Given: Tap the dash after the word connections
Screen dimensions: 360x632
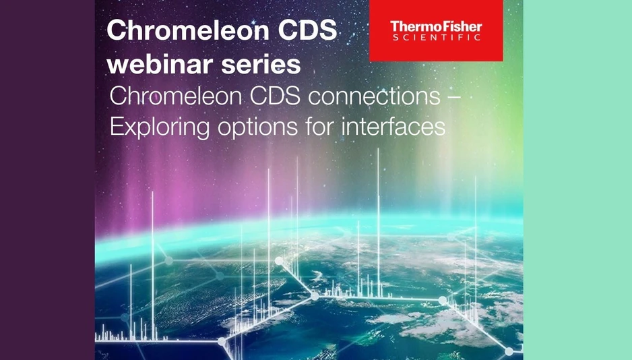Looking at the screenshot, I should [x=454, y=97].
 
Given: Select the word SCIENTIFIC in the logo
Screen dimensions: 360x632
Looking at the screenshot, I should [x=437, y=38].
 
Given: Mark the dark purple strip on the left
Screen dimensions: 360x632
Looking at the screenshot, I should [x=47, y=180].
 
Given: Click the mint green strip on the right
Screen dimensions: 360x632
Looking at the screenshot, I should [x=577, y=180].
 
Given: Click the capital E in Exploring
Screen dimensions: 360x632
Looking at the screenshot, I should [x=115, y=126].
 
